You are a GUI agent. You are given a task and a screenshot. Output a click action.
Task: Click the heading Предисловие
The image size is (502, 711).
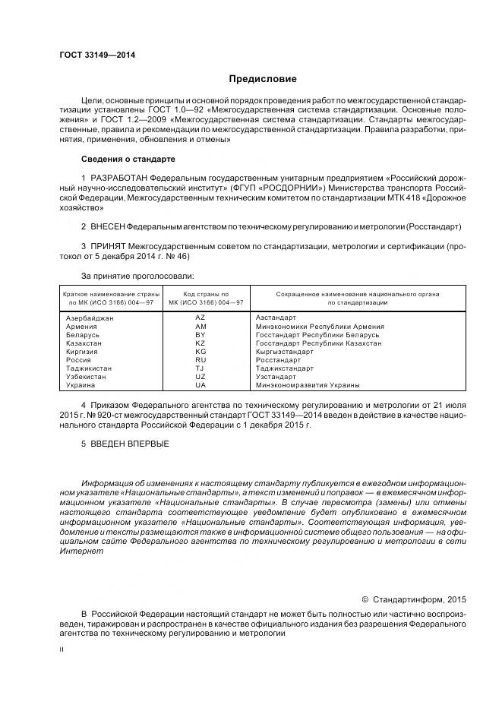coord(263,79)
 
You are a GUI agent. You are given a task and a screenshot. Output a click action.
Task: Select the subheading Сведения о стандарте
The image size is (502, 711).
coord(128,159)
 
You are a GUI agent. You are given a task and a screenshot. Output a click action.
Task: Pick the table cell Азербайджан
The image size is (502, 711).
coord(90,318)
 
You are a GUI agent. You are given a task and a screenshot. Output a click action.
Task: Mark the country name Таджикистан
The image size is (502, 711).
coord(89,368)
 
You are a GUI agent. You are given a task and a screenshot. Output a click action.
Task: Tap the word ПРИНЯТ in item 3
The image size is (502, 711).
coord(106,247)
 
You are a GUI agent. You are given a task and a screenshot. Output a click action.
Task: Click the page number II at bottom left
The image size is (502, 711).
coord(62,649)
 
